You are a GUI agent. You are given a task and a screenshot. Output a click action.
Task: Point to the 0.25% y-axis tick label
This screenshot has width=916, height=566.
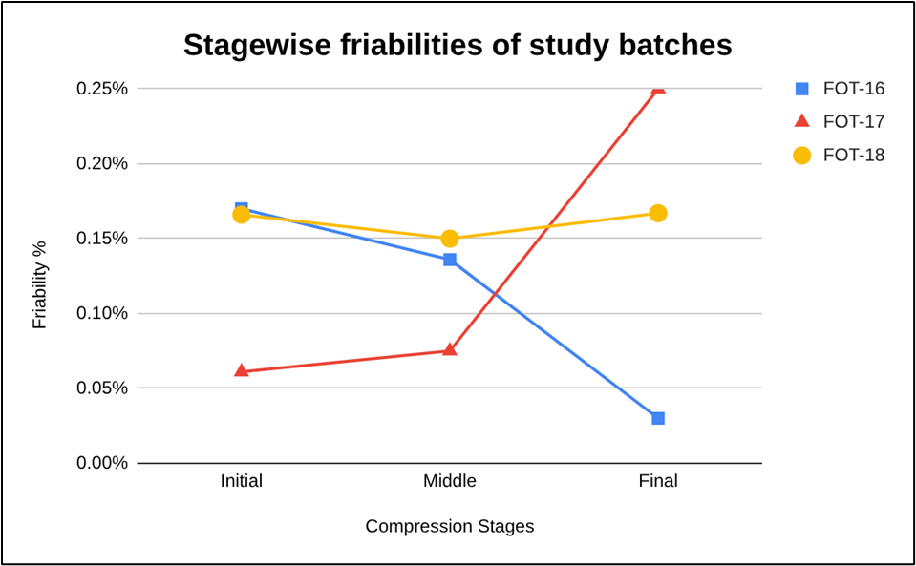click(x=101, y=89)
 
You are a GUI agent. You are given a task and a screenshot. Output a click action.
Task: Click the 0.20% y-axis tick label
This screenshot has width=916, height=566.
click(x=101, y=163)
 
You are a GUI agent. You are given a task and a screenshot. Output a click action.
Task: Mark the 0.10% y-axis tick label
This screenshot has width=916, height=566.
click(x=101, y=313)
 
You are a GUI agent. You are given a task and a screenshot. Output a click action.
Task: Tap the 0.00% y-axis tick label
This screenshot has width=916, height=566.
click(x=101, y=463)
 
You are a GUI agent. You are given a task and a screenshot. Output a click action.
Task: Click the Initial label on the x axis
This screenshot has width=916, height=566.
click(x=242, y=481)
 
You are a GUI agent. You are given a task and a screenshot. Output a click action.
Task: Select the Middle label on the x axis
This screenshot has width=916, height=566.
click(x=450, y=481)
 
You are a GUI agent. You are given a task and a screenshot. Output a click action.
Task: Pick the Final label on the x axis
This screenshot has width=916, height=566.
click(x=658, y=481)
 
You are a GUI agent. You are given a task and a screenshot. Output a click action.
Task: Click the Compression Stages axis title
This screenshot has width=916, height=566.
click(x=450, y=526)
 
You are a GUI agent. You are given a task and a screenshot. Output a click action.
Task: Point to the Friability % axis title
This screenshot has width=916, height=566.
click(x=39, y=284)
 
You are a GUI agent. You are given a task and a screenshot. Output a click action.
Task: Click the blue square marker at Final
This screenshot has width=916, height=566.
click(x=658, y=418)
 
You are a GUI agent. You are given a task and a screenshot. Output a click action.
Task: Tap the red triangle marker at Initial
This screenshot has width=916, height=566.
click(x=242, y=370)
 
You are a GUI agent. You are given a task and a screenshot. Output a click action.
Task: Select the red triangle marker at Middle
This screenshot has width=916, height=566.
click(x=450, y=349)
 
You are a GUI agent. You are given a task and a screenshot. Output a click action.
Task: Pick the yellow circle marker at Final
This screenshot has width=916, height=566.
click(x=658, y=213)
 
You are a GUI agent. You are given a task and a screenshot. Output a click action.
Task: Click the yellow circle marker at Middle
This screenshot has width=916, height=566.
click(x=450, y=239)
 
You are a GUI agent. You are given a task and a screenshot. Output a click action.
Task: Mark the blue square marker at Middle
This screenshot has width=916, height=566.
click(x=450, y=260)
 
